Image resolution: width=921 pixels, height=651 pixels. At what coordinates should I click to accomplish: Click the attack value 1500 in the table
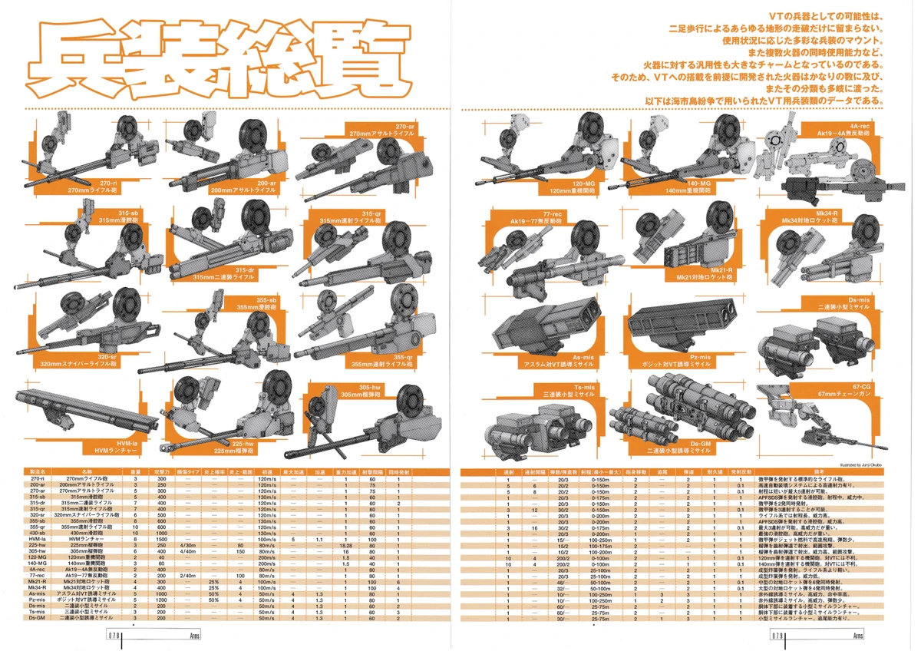pyautogui.click(x=163, y=540)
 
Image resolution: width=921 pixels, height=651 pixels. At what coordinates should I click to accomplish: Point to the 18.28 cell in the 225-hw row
pyautogui.click(x=346, y=545)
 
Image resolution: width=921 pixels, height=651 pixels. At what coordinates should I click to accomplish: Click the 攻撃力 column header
pyautogui.click(x=163, y=471)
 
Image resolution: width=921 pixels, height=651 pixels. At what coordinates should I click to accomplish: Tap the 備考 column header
pyautogui.click(x=820, y=471)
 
